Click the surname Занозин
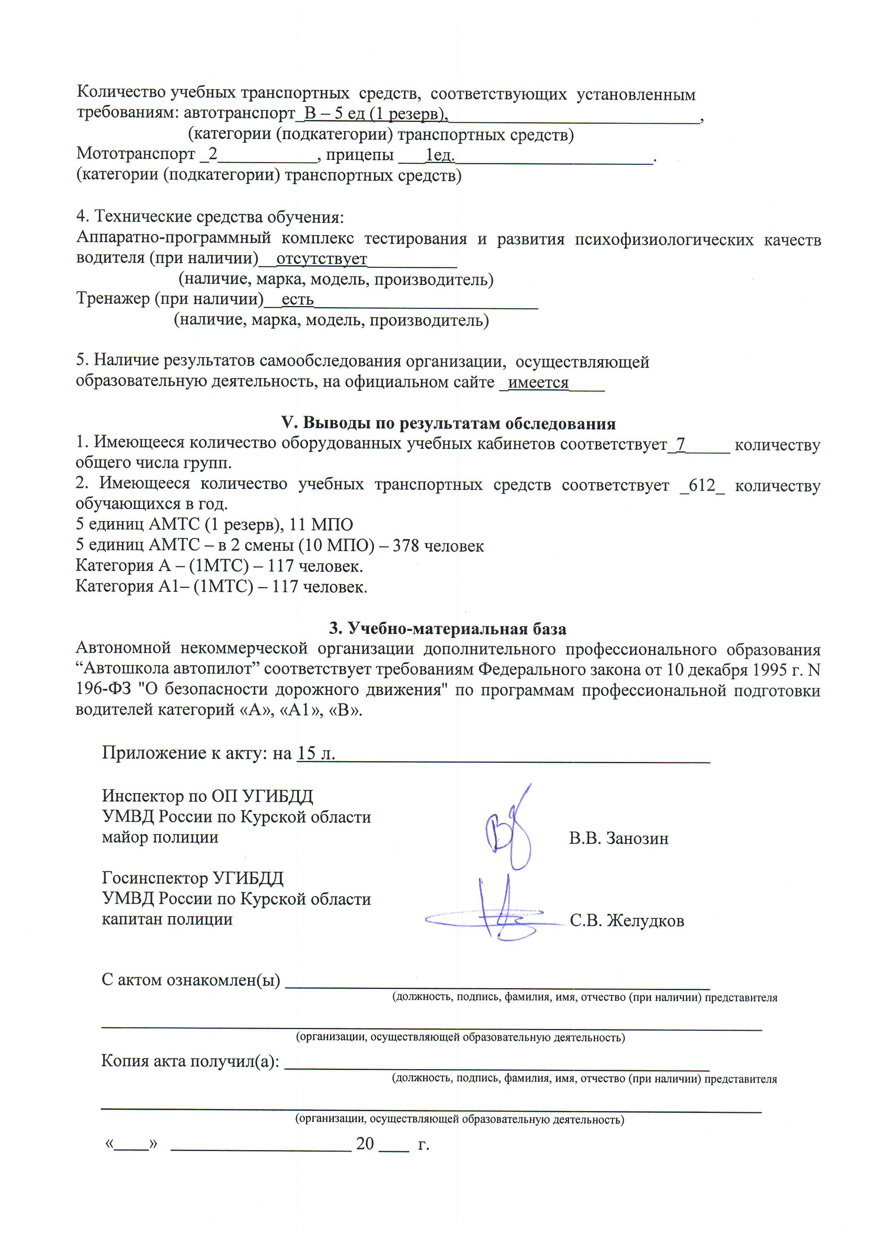(637, 838)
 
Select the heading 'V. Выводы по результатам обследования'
(448, 423)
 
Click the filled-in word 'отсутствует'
(322, 258)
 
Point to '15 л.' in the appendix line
(316, 753)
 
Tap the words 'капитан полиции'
(167, 919)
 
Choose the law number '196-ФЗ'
(104, 690)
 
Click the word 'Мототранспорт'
(136, 155)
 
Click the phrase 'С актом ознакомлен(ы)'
(190, 980)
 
